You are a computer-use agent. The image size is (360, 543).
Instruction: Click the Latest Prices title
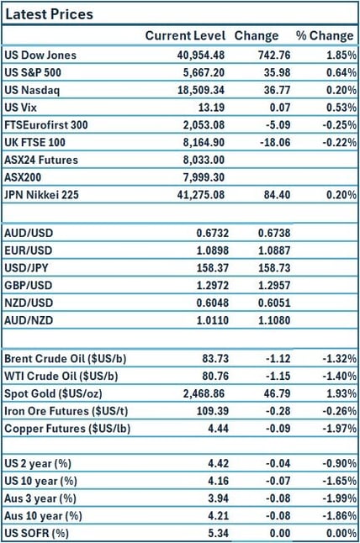click(x=50, y=14)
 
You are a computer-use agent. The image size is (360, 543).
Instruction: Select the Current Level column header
click(x=185, y=36)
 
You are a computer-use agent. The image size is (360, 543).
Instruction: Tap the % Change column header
click(x=324, y=36)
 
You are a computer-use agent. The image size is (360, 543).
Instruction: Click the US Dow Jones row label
click(x=40, y=55)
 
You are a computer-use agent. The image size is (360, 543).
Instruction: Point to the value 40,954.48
click(x=197, y=55)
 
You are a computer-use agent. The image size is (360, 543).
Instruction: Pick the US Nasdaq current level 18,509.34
click(x=197, y=90)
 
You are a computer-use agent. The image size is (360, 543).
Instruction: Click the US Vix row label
click(x=23, y=108)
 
